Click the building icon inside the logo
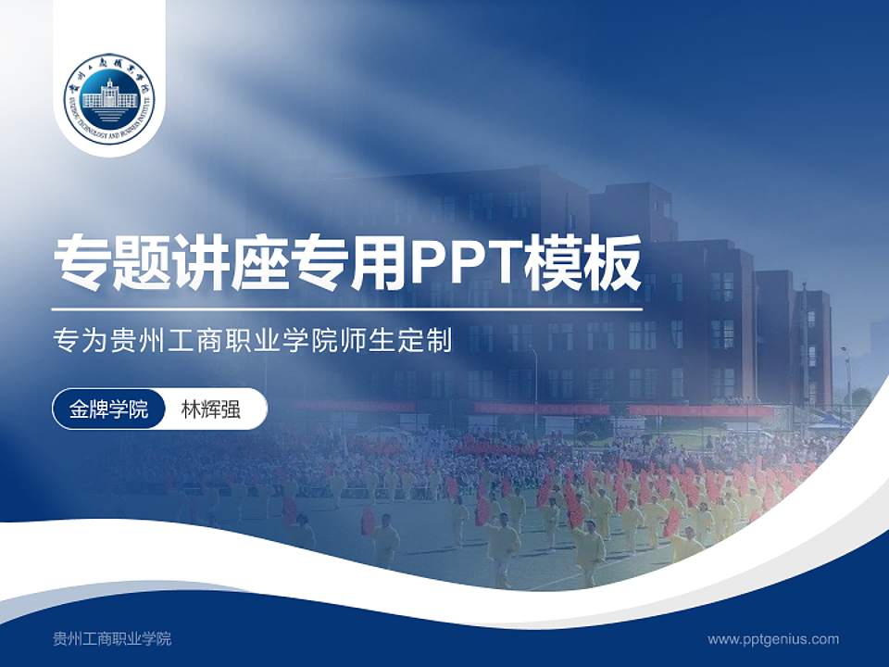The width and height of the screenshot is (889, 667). (x=109, y=98)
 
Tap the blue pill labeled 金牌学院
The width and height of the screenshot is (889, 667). (x=108, y=409)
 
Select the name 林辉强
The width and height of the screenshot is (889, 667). (x=210, y=409)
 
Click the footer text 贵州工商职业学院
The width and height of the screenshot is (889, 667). (x=112, y=638)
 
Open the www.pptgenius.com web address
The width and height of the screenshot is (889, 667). (x=773, y=638)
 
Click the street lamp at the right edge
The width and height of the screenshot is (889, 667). (x=846, y=375)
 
